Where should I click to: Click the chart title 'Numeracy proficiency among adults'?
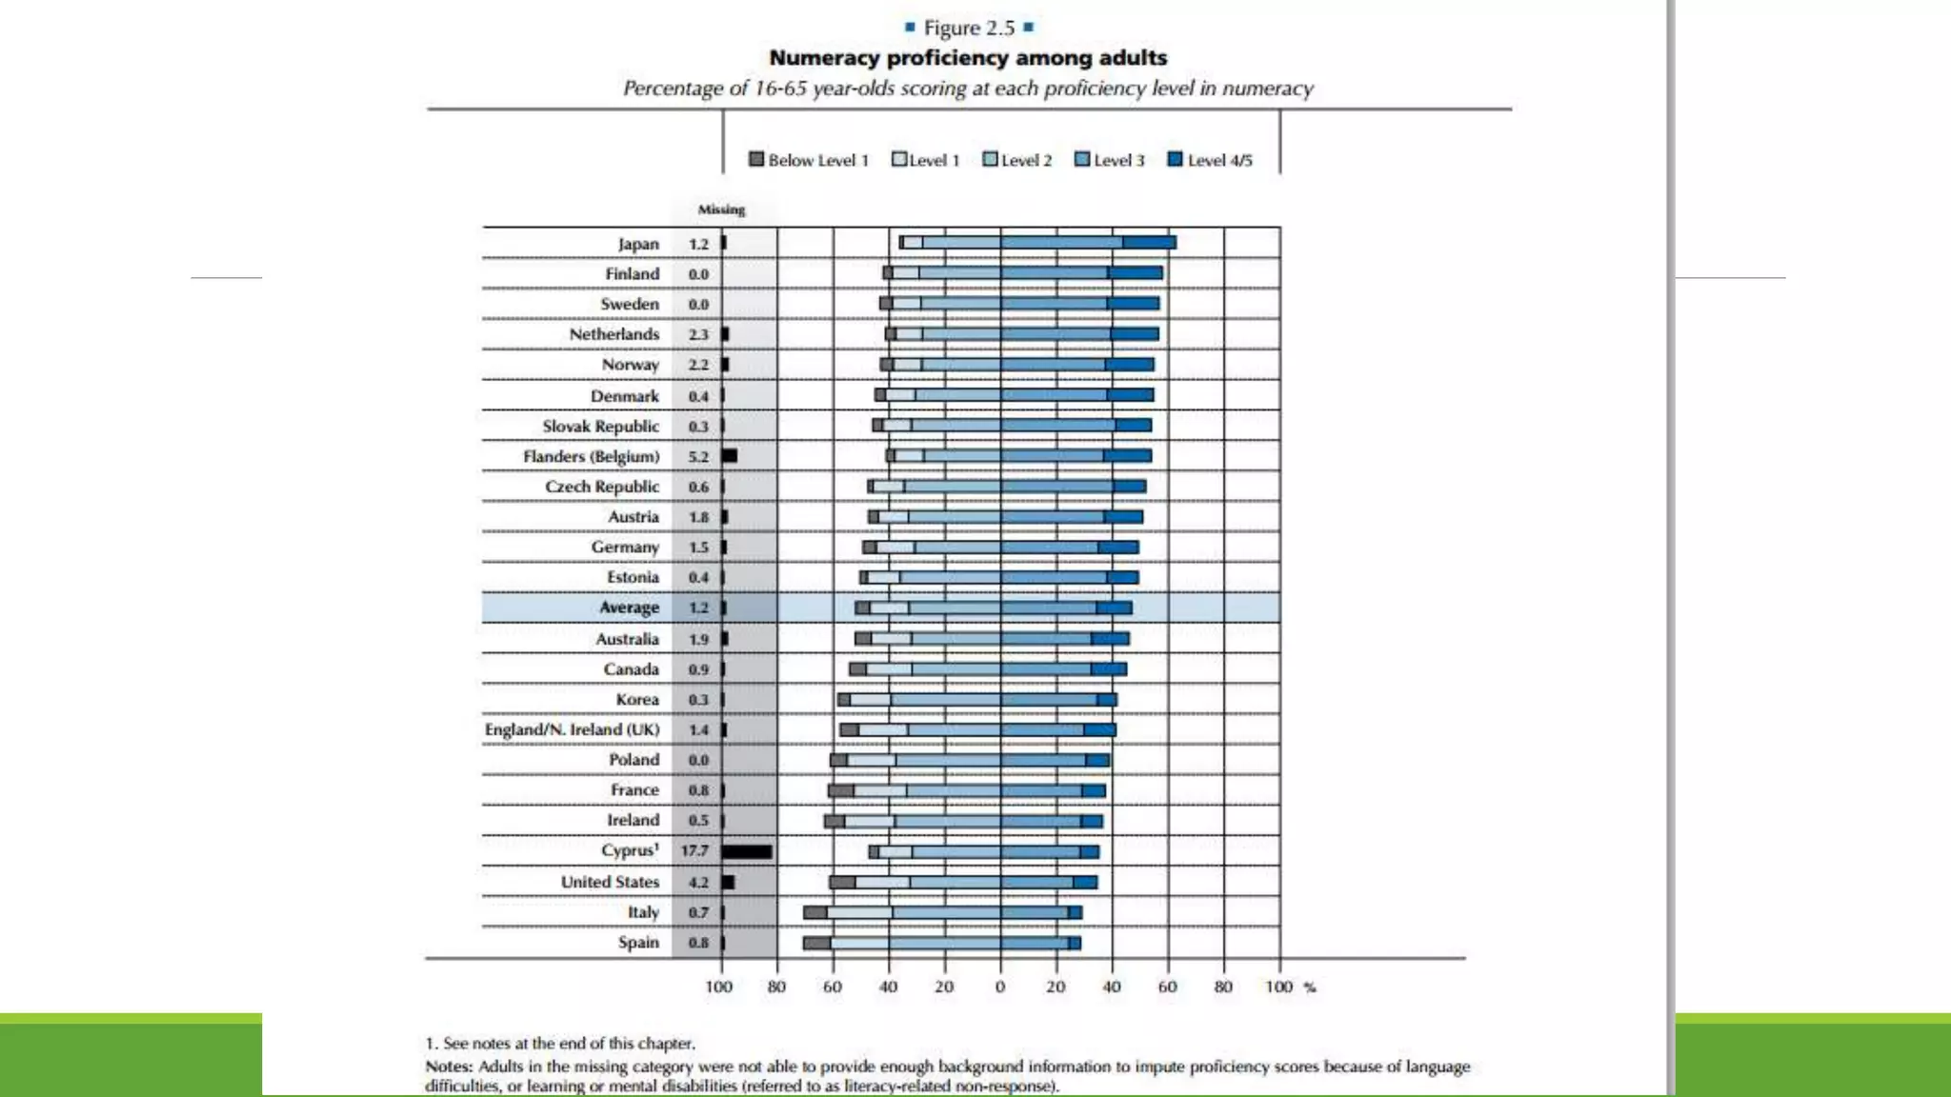[x=968, y=58]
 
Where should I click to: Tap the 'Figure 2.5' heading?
[x=968, y=28]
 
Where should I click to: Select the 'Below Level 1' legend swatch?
[x=756, y=159]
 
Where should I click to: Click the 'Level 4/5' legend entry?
[x=1210, y=160]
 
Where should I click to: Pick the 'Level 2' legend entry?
[x=1017, y=160]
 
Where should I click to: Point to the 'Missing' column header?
[x=721, y=209]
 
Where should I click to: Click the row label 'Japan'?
[x=637, y=244]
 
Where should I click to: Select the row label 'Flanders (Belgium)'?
[x=591, y=456]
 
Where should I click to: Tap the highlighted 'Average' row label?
[x=629, y=608]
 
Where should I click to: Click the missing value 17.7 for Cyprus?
[x=694, y=850]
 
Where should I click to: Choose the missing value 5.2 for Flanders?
[x=698, y=456]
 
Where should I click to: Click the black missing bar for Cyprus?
[x=747, y=851]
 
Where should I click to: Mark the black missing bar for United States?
[x=729, y=882]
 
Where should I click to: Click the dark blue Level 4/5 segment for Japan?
[x=1149, y=243]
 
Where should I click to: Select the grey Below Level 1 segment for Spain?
[x=816, y=943]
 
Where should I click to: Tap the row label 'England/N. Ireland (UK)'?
[x=572, y=729]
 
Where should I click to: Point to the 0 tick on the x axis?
[x=1000, y=987]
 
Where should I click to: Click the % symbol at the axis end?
[x=1310, y=987]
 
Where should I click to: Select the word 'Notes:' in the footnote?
[x=449, y=1067]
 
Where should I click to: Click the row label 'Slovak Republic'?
[x=600, y=426]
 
